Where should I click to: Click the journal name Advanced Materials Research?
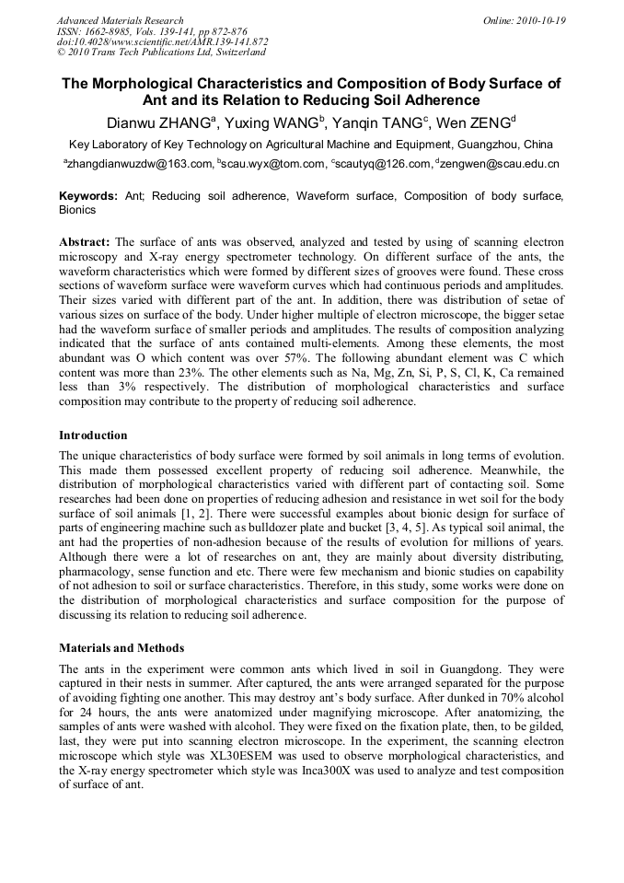(120, 20)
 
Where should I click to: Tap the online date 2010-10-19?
(537, 20)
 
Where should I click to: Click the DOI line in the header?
(162, 41)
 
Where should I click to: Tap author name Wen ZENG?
(475, 122)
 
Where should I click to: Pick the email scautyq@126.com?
(384, 164)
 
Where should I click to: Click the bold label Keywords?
(88, 196)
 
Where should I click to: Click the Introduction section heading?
(93, 436)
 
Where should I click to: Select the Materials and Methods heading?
(121, 647)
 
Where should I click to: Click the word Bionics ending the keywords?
(77, 210)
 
